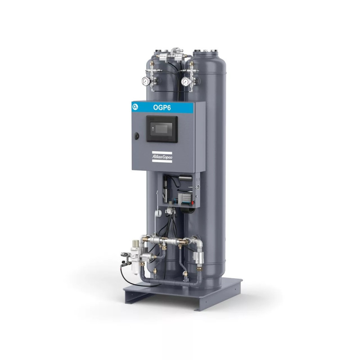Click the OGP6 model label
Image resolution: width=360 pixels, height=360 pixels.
click(162, 108)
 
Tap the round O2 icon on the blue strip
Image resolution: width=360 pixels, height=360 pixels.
click(135, 107)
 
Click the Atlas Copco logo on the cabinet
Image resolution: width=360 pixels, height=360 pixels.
click(162, 157)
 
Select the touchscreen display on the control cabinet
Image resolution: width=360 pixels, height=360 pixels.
click(162, 129)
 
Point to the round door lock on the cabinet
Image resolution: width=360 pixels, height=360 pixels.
click(136, 136)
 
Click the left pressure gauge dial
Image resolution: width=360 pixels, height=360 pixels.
click(146, 81)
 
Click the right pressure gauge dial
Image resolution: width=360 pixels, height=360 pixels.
click(185, 81)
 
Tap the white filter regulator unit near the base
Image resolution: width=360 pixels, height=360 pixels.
click(135, 256)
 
